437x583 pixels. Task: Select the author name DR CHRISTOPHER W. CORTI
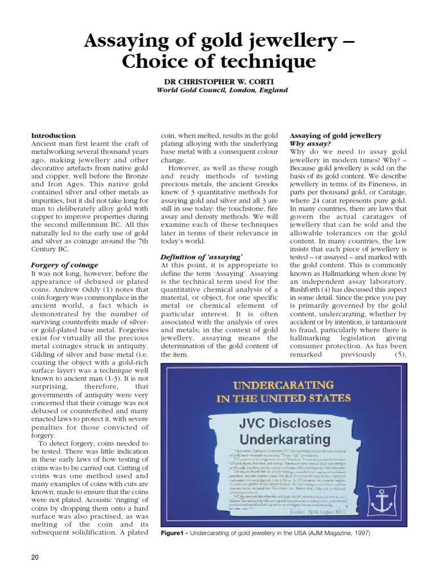pyautogui.click(x=218, y=81)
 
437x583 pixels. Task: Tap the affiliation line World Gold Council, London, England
pyautogui.click(x=218, y=90)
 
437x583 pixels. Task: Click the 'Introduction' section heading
pyautogui.click(x=53, y=136)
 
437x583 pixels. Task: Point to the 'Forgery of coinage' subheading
pyautogui.click(x=64, y=265)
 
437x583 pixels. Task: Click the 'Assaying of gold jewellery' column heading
pyautogui.click(x=336, y=136)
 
